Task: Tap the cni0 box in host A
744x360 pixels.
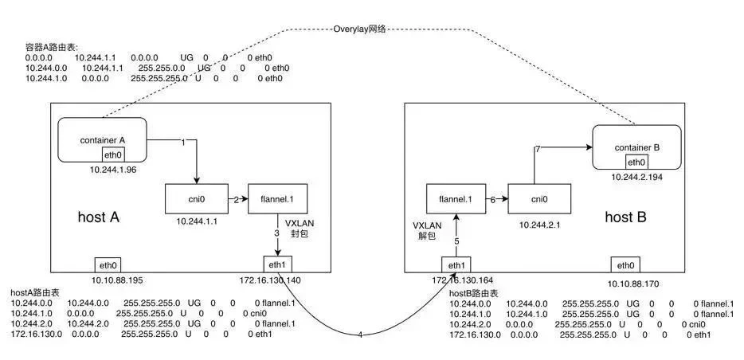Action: point(191,198)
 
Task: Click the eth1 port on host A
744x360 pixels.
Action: point(277,264)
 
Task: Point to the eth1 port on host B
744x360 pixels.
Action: point(455,264)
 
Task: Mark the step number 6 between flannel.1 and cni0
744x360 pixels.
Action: point(493,199)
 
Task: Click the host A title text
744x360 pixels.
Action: point(100,217)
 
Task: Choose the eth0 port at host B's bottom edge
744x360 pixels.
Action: point(625,264)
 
